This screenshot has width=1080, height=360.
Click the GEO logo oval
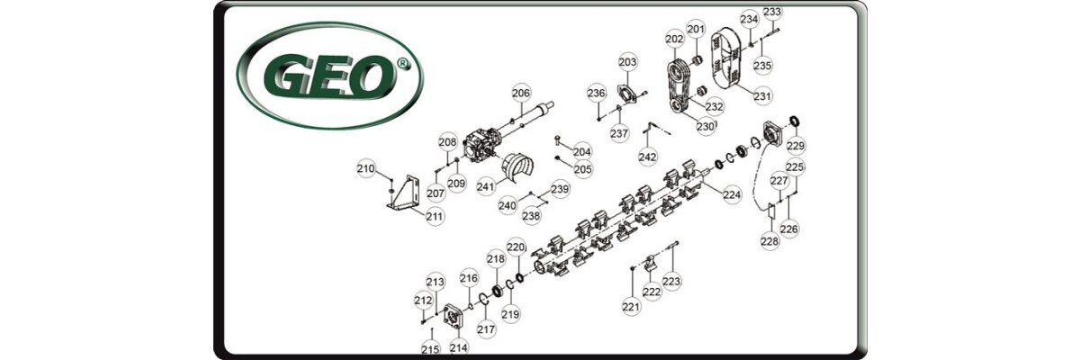[x=329, y=76]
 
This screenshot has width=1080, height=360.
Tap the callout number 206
[x=521, y=93]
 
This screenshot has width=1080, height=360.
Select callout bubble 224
[x=732, y=194]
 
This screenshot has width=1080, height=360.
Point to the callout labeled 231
[x=762, y=96]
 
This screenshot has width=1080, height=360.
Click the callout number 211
[x=435, y=217]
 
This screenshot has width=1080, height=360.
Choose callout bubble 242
[x=647, y=157]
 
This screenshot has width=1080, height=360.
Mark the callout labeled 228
[x=769, y=241]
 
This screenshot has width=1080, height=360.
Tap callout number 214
[x=458, y=347]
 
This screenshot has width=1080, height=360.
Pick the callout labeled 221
[x=631, y=307]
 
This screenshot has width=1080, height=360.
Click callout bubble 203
[x=628, y=62]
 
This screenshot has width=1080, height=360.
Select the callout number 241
[x=486, y=186]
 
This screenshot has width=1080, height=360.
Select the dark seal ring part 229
[x=794, y=121]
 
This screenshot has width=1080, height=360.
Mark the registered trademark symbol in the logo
[x=402, y=63]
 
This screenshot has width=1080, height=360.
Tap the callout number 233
[x=772, y=12]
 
